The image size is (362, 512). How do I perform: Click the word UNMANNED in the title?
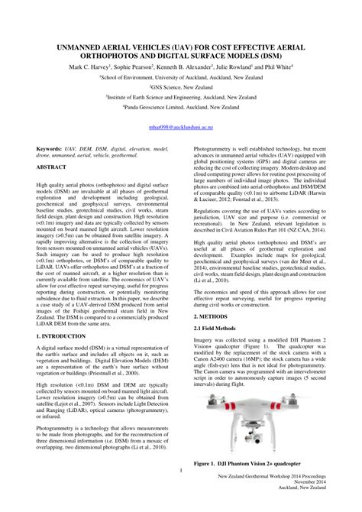point(76,47)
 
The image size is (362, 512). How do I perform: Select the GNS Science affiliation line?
point(180,88)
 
